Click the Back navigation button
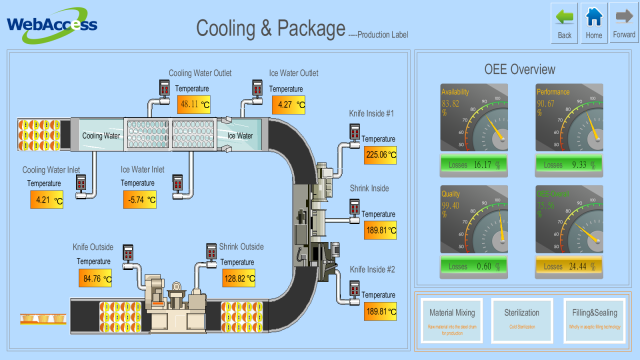[x=565, y=22]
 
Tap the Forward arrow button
[x=623, y=22]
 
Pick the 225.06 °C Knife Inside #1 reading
[x=379, y=154]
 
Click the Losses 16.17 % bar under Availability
[x=474, y=163]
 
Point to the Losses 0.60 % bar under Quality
[x=474, y=266]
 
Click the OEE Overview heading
[x=520, y=70]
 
